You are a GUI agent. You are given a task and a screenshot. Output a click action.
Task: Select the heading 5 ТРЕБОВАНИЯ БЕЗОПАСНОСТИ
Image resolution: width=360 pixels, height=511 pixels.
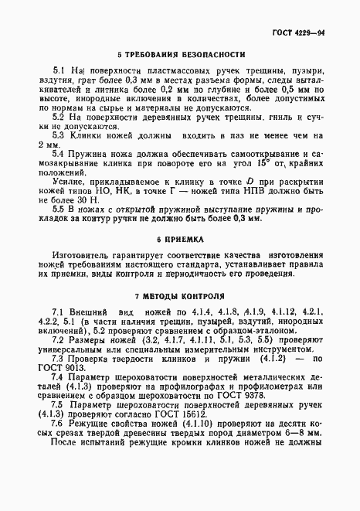(x=182, y=55)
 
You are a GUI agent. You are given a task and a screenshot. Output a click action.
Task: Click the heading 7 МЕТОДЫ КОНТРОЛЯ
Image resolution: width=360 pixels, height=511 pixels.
(x=182, y=296)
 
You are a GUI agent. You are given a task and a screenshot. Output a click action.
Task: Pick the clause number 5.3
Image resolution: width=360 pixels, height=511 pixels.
(x=57, y=134)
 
